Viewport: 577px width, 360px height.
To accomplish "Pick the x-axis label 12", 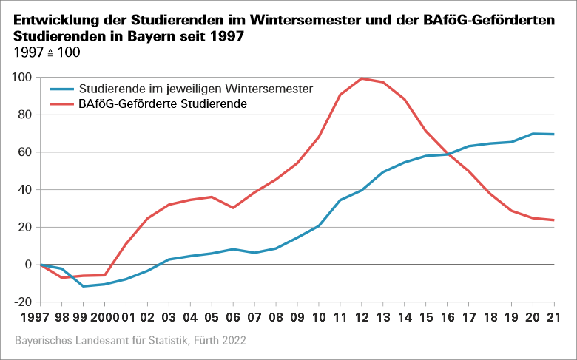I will pyautogui.click(x=362, y=319).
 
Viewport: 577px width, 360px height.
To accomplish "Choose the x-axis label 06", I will pyautogui.click(x=233, y=319).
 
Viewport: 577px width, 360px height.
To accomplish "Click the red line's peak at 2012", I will pyautogui.click(x=362, y=78).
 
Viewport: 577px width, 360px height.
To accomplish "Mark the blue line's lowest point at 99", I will pyautogui.click(x=84, y=286).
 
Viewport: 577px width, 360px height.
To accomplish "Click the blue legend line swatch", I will pyautogui.click(x=61, y=88).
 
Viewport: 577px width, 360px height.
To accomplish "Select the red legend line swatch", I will pyautogui.click(x=61, y=105).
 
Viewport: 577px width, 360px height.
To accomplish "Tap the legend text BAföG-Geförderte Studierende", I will pyautogui.click(x=162, y=105).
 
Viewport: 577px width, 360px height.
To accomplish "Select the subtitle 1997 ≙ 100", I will pyautogui.click(x=47, y=53).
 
